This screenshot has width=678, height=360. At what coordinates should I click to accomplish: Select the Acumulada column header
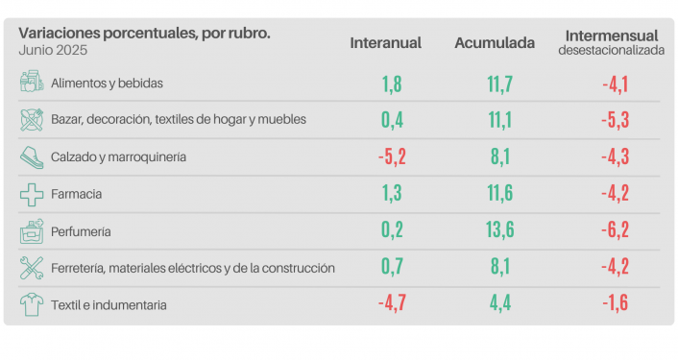[495, 44]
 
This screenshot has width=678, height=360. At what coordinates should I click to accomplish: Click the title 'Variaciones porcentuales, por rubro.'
[144, 33]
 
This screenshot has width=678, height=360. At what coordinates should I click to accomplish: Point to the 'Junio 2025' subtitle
[49, 49]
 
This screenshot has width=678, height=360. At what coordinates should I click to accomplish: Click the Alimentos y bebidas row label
[107, 84]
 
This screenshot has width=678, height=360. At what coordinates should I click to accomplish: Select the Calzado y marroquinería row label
[118, 156]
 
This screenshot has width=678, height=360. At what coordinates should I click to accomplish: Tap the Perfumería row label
[82, 231]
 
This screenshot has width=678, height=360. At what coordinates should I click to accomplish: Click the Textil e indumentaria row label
[109, 305]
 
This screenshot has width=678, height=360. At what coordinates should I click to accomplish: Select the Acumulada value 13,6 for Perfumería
[499, 231]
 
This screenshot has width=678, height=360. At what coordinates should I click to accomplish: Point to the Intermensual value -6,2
[615, 231]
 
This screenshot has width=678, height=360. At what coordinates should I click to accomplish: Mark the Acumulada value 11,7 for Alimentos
[499, 84]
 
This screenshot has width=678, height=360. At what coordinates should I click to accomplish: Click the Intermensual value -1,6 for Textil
[615, 305]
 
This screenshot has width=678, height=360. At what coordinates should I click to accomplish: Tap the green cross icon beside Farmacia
[32, 194]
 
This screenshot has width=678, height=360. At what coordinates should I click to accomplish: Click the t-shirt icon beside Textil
[32, 305]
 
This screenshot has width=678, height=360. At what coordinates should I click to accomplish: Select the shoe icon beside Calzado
[32, 156]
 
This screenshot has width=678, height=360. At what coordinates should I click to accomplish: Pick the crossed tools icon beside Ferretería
[32, 268]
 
